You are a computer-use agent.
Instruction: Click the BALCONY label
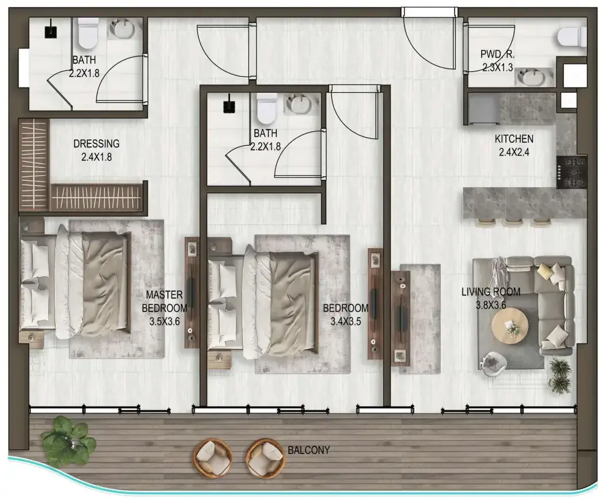click(x=309, y=450)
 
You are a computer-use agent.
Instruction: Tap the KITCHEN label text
click(x=514, y=139)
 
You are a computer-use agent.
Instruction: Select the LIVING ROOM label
click(x=491, y=292)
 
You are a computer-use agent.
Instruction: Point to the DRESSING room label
click(x=96, y=143)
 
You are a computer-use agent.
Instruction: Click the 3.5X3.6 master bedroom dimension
click(x=165, y=321)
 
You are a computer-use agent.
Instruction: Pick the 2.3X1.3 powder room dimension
click(x=497, y=67)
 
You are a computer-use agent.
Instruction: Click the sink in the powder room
click(x=531, y=77)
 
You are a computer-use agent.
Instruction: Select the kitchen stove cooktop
click(x=571, y=172)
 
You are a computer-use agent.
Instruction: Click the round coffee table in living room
click(x=510, y=325)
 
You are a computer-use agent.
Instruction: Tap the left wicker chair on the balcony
click(x=213, y=457)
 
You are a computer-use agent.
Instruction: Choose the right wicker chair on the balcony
click(x=266, y=457)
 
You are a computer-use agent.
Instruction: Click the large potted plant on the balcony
click(x=69, y=440)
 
